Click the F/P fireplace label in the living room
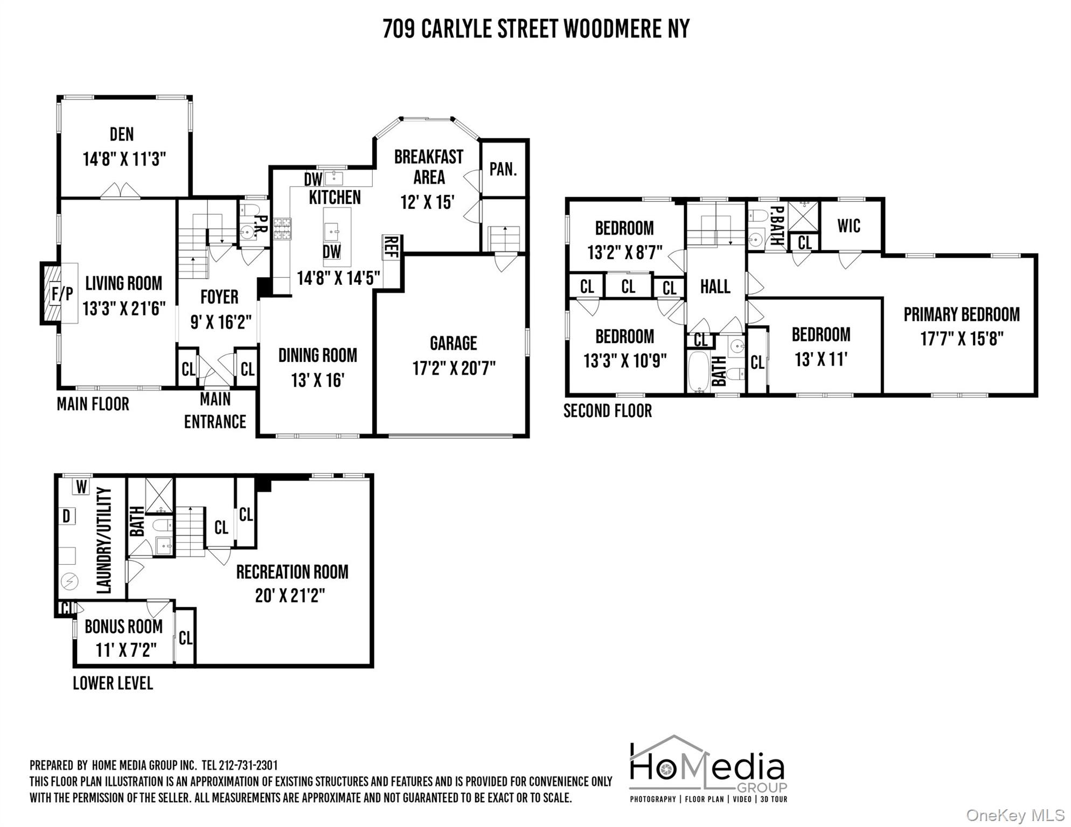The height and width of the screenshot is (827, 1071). [62, 294]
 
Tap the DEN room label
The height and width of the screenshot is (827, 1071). [122, 134]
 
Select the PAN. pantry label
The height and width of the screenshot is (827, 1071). [503, 170]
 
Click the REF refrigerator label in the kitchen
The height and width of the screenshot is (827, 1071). [392, 247]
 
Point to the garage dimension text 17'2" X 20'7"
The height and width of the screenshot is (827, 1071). [454, 369]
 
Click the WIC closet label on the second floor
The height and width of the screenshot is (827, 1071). [849, 226]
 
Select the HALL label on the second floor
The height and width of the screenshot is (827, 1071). [715, 286]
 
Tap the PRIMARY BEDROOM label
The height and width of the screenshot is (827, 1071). [961, 314]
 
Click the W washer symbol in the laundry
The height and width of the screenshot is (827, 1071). [81, 487]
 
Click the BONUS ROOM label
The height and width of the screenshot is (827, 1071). [123, 627]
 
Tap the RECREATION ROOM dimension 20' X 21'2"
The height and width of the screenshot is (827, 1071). [290, 596]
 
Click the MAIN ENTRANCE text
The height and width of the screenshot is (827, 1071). [215, 411]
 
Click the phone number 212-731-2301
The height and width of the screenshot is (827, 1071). [252, 765]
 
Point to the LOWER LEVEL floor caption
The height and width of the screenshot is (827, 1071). [113, 683]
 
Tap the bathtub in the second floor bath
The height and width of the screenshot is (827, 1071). [699, 371]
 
